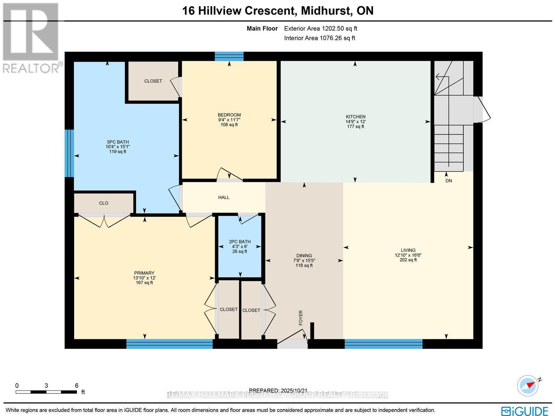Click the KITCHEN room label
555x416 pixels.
click(x=355, y=117)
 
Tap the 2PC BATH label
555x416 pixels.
click(x=239, y=242)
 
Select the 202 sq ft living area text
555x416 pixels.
click(x=408, y=260)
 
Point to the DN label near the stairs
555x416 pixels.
click(x=449, y=181)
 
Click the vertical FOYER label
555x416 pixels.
click(x=301, y=318)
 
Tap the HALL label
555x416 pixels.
click(x=224, y=197)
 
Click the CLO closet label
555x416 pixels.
click(x=104, y=203)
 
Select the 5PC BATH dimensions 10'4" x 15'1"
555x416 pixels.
click(x=118, y=147)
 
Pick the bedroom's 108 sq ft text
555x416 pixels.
click(x=229, y=125)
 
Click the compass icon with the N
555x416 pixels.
click(x=528, y=385)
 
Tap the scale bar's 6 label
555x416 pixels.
click(x=77, y=385)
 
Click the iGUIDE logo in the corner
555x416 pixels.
click(x=524, y=411)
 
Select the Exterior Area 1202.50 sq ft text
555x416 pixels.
click(x=321, y=29)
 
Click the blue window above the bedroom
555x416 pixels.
click(x=229, y=56)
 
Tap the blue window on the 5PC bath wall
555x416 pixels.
click(x=69, y=153)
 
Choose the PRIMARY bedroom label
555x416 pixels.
click(x=144, y=273)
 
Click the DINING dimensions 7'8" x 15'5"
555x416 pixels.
click(x=304, y=260)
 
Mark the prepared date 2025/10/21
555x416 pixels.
click(x=292, y=391)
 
